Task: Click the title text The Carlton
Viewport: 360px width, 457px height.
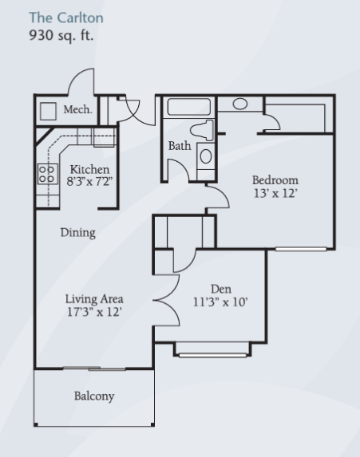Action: (x=66, y=18)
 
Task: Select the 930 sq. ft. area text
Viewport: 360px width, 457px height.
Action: (x=61, y=36)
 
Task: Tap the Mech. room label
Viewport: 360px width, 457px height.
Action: (x=77, y=109)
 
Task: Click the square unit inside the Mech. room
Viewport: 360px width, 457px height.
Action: (x=48, y=111)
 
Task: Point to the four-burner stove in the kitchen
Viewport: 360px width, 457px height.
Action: (x=48, y=174)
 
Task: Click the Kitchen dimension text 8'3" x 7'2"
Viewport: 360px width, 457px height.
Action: (x=89, y=182)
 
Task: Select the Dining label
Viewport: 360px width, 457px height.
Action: (x=78, y=233)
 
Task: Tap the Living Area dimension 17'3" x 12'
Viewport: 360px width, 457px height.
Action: (x=94, y=312)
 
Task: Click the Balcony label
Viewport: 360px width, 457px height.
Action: (x=94, y=396)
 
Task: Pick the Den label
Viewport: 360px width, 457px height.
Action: (x=221, y=290)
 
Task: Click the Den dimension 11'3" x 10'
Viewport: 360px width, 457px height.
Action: (x=220, y=302)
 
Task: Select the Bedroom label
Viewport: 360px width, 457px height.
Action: (x=275, y=180)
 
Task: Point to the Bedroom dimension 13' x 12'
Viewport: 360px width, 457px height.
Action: (x=275, y=193)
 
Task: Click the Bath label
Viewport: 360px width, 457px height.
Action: (x=180, y=146)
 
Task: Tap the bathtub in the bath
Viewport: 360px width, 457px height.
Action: (x=189, y=107)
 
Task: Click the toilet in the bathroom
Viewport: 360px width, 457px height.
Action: (x=202, y=130)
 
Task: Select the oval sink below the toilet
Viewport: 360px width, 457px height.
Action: (x=206, y=156)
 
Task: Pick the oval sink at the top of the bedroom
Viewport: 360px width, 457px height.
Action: (x=240, y=104)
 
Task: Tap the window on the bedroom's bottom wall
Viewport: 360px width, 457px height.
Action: (x=301, y=249)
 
